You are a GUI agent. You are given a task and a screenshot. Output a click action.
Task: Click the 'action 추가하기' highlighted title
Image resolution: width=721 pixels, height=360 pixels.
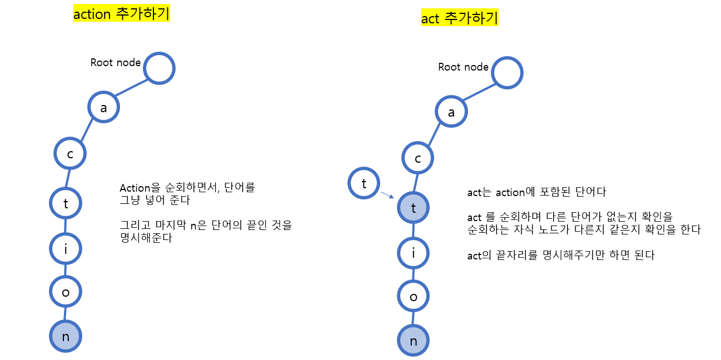[121, 14]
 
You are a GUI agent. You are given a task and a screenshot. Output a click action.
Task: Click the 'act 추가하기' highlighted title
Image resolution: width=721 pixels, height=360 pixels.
[460, 18]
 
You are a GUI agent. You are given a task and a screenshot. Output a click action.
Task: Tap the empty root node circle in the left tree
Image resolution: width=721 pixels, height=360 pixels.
[159, 69]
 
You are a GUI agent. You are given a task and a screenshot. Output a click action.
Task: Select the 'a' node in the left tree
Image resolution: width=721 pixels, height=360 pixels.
[103, 108]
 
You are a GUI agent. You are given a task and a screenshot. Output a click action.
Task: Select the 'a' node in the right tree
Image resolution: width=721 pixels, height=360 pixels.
[451, 112]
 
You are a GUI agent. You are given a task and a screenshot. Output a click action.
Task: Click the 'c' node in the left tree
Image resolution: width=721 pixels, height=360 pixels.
[70, 153]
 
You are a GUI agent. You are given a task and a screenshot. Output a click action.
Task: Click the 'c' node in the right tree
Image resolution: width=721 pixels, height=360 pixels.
[418, 158]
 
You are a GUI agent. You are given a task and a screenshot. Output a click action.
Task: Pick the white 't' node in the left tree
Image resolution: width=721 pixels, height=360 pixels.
[66, 204]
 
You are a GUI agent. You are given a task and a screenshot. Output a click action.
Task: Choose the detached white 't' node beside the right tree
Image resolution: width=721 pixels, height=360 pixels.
[364, 183]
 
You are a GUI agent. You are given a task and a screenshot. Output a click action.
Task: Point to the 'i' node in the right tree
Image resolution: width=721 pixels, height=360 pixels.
[413, 253]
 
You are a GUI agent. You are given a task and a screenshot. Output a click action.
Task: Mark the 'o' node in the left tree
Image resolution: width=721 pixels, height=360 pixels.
[66, 292]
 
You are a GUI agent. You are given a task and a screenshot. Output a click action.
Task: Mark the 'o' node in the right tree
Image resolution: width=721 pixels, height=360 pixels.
[413, 297]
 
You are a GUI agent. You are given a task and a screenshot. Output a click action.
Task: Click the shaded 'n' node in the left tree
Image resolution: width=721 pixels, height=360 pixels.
[66, 336]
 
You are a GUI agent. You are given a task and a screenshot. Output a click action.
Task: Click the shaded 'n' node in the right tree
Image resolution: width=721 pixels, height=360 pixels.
[413, 341]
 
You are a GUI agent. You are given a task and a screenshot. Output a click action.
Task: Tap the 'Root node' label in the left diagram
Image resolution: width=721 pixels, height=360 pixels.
[116, 62]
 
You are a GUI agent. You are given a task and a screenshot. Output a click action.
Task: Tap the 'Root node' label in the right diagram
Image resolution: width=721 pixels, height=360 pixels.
[463, 67]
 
